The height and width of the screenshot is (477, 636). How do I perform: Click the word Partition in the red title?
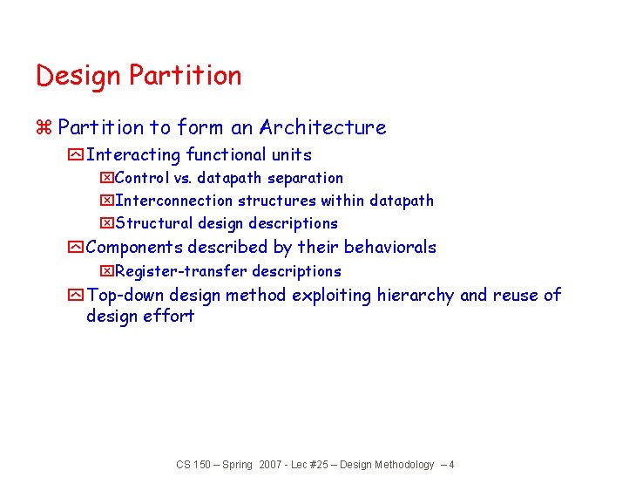coord(185,76)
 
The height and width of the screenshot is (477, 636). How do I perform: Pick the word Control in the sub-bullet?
coord(142,178)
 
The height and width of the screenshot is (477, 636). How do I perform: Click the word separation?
coord(305,178)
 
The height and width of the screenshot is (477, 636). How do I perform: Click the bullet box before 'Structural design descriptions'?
coord(107,224)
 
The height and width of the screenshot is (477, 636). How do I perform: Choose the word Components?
coord(134,248)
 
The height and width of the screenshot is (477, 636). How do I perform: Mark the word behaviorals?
coord(390,248)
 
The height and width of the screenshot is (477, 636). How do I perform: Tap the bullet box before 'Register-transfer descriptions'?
coord(107,272)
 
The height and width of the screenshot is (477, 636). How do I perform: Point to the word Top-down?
coord(126,296)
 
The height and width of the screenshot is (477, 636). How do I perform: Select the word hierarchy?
coord(415,296)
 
